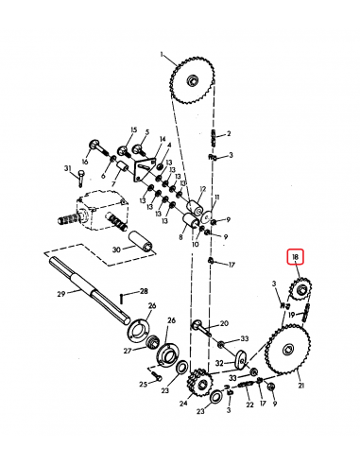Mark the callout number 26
pyautogui.click(x=172, y=320)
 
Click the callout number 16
pyautogui.click(x=84, y=163)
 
